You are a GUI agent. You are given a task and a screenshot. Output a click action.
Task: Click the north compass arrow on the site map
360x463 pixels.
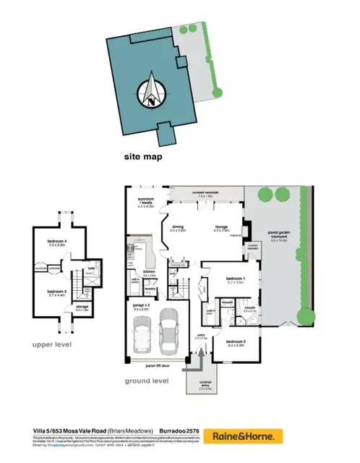[151, 90]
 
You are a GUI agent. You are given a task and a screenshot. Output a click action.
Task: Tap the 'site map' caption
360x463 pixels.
[143, 156]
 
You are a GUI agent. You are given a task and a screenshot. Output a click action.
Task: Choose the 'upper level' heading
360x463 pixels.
[52, 345]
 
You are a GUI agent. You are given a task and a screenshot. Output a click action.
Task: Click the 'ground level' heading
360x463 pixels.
[147, 381]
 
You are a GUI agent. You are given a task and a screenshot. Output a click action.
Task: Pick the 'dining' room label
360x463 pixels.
[178, 227]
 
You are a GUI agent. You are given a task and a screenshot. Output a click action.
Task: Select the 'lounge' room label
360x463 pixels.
[221, 227]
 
